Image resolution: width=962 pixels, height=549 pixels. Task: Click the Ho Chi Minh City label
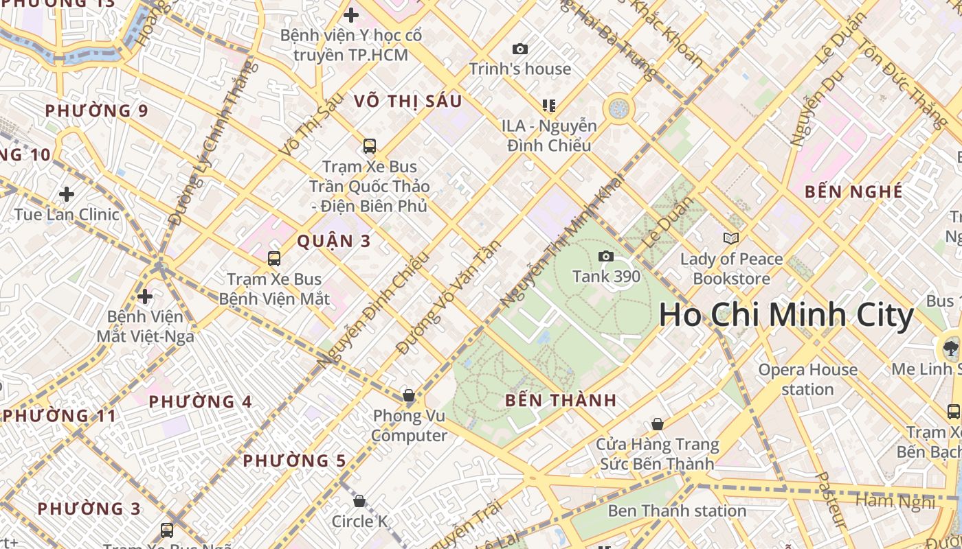click(x=786, y=316)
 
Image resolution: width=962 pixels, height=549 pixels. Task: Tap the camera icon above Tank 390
click(x=605, y=257)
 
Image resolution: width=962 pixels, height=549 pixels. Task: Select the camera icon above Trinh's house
click(x=520, y=49)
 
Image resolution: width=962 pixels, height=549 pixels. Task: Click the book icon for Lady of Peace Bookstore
click(x=731, y=239)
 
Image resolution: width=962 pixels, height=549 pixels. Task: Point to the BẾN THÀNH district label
click(x=561, y=401)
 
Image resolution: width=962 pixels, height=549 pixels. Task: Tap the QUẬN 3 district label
click(x=334, y=241)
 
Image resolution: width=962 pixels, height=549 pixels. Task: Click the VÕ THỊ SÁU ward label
click(x=408, y=101)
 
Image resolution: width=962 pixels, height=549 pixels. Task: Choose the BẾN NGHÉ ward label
click(x=853, y=191)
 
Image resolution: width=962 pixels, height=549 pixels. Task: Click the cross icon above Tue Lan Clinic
click(x=67, y=194)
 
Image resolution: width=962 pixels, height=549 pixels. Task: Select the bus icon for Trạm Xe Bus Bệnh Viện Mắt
click(x=274, y=259)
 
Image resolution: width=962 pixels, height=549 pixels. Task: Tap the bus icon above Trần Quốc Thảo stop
click(x=370, y=146)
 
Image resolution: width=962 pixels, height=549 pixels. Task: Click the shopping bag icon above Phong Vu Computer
click(x=409, y=395)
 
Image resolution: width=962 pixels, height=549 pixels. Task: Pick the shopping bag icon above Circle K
click(x=359, y=501)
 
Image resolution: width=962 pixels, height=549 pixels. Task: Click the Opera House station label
click(x=807, y=379)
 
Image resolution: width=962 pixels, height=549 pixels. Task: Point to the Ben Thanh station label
click(x=677, y=511)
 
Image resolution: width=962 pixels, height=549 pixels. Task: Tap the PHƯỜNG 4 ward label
click(x=201, y=402)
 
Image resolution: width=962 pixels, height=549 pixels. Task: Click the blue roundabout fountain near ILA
click(x=618, y=108)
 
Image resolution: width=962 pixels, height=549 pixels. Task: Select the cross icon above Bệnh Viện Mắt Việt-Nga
click(x=145, y=296)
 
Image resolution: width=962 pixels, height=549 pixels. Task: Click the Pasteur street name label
click(x=831, y=499)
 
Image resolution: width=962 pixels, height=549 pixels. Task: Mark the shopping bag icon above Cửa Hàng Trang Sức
click(x=658, y=424)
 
